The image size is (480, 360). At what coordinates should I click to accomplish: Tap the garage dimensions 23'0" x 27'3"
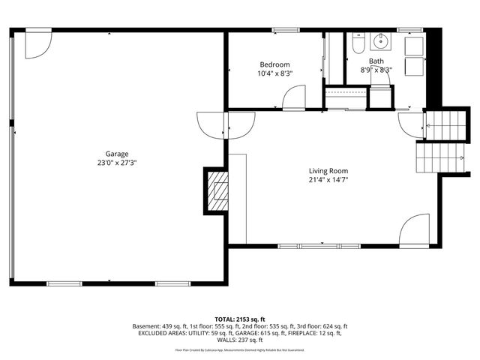click(117, 162)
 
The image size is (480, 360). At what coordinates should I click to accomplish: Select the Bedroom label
click(274, 64)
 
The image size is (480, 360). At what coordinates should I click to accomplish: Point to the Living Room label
click(328, 170)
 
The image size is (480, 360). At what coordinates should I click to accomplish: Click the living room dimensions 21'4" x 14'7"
click(328, 180)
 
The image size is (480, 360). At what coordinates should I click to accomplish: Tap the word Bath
click(376, 61)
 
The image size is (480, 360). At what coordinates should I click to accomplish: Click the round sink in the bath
click(380, 41)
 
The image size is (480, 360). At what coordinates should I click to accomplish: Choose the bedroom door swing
click(295, 97)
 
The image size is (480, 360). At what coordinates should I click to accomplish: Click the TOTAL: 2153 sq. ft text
click(240, 319)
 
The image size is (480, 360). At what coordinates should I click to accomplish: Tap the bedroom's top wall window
click(283, 30)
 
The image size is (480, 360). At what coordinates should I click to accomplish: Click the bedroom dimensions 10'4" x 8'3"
click(274, 73)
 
